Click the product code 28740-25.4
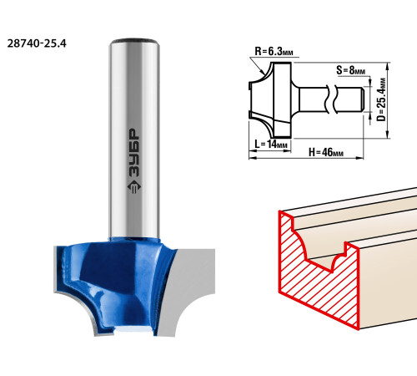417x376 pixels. (x=37, y=43)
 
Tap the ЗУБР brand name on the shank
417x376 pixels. (x=134, y=152)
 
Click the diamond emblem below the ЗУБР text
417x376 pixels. (x=134, y=187)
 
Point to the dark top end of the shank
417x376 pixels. (x=134, y=41)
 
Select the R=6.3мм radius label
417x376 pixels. (x=274, y=51)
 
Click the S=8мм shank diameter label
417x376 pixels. (x=350, y=70)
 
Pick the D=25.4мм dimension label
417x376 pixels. (x=381, y=99)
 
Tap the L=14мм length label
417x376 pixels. (x=271, y=144)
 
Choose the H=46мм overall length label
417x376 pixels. (x=326, y=152)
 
